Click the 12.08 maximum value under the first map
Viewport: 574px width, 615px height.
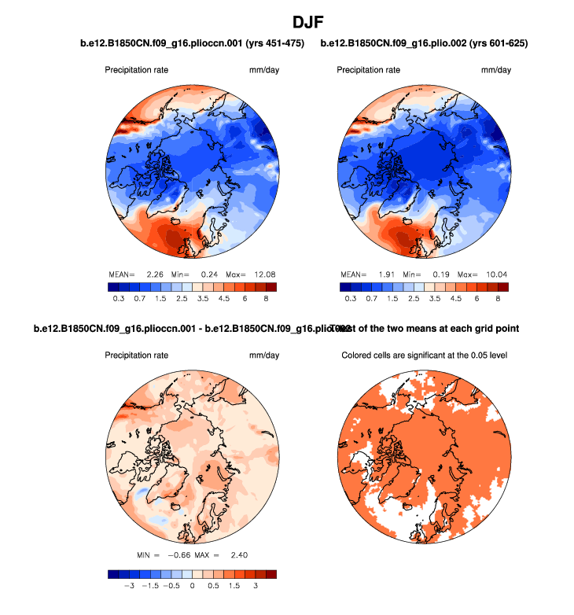264,274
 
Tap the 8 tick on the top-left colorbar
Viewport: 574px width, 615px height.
266,300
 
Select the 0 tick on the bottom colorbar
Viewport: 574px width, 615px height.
193,586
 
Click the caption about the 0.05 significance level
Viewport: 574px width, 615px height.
425,355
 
